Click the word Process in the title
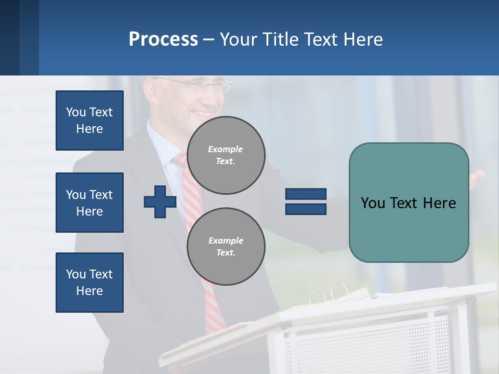[x=163, y=39]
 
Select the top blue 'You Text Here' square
[x=89, y=121]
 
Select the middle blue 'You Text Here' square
[x=89, y=203]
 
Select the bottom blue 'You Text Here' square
[x=89, y=282]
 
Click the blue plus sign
[x=160, y=202]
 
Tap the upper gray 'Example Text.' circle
[x=226, y=155]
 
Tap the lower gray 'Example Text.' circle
[x=226, y=247]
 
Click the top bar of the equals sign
[x=306, y=194]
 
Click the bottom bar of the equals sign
[x=306, y=209]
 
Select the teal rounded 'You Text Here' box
[x=409, y=203]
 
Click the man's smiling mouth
[x=202, y=113]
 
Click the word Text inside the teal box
[x=409, y=203]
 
